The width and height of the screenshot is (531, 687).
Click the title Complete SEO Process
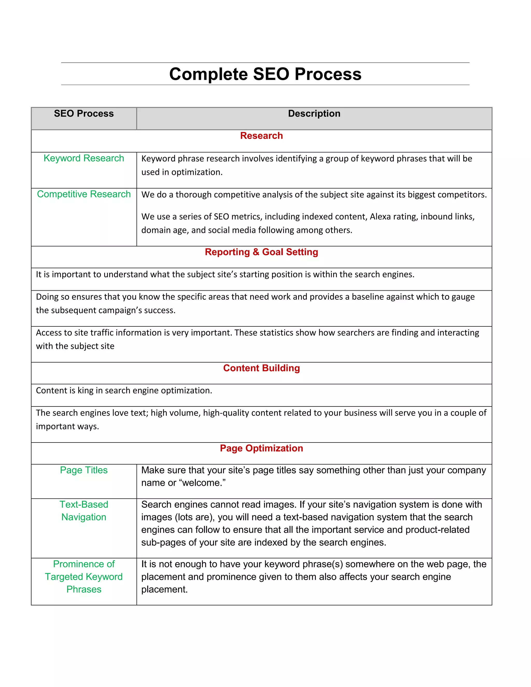(265, 74)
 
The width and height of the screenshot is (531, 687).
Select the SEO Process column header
(84, 114)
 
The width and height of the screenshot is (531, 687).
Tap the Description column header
(314, 114)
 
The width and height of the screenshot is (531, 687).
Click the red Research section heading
(261, 136)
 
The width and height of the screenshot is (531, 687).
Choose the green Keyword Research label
(84, 158)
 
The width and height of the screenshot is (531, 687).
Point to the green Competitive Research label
(84, 194)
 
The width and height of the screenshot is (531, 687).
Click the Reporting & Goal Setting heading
(261, 252)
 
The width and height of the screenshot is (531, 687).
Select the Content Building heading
(261, 368)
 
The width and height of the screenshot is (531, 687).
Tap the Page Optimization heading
(261, 448)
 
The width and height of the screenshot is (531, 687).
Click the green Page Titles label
(84, 470)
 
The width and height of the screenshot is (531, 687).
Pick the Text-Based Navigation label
(84, 511)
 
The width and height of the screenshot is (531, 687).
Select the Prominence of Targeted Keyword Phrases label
(84, 577)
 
